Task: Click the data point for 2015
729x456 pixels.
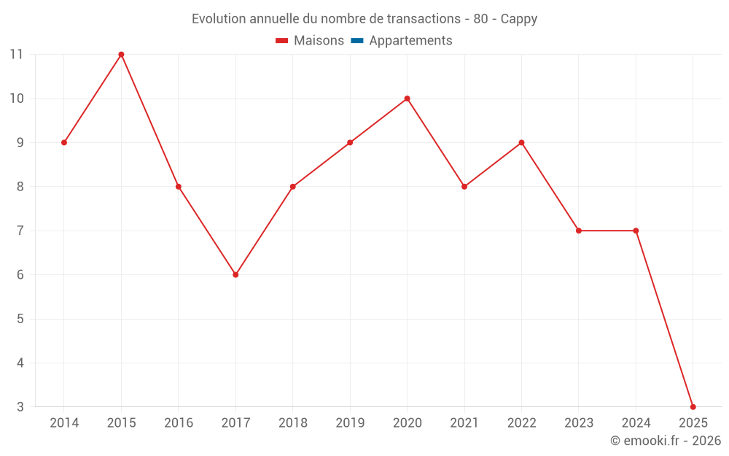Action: (x=121, y=55)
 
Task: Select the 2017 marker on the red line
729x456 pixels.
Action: (x=235, y=275)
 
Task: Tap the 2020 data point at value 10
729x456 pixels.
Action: (x=407, y=98)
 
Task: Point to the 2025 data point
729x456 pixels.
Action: (x=693, y=407)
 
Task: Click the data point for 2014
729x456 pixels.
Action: (x=64, y=143)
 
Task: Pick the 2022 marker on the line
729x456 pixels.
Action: (x=521, y=143)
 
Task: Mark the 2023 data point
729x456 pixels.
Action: (x=579, y=231)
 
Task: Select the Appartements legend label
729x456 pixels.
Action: (x=410, y=41)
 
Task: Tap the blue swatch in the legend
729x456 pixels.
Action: (x=357, y=41)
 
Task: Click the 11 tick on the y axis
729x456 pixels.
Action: (x=16, y=55)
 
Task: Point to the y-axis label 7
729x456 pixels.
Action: (x=20, y=231)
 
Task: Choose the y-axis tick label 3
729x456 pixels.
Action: (x=20, y=407)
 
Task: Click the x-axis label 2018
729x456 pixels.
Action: (x=292, y=423)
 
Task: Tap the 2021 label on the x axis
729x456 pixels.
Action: (x=464, y=423)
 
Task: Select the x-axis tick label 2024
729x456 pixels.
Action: (x=636, y=423)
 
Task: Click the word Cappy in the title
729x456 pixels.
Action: (x=518, y=19)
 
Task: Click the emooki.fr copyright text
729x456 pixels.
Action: (x=666, y=441)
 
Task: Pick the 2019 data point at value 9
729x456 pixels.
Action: (x=350, y=143)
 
